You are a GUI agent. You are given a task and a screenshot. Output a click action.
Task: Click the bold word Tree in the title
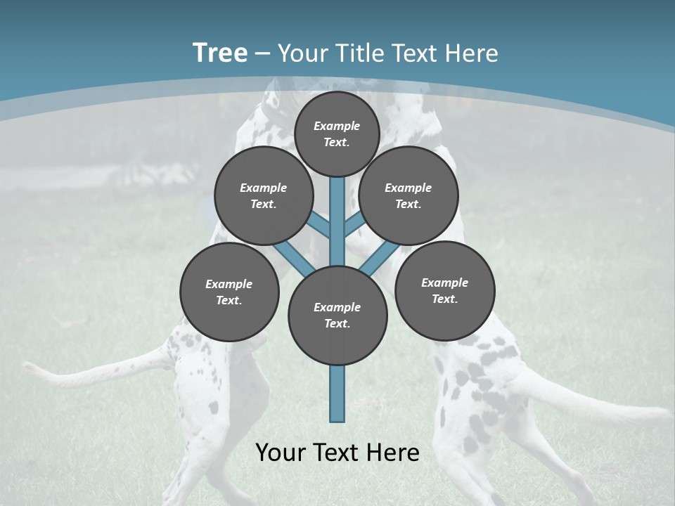[x=220, y=53]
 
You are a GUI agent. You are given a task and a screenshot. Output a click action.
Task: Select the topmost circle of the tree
[x=337, y=134]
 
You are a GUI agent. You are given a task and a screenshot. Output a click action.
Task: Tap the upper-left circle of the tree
[x=263, y=195]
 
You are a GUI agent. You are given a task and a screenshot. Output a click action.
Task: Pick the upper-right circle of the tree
[x=409, y=195]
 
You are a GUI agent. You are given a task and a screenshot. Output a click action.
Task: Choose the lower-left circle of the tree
[x=229, y=292]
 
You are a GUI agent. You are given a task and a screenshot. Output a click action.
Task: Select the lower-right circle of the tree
[x=444, y=290]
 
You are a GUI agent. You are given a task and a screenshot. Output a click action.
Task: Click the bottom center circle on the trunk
[x=337, y=316]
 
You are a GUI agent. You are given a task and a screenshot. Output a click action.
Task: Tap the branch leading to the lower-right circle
[x=380, y=258]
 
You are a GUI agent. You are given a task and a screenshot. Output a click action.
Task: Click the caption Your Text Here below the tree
[x=337, y=452]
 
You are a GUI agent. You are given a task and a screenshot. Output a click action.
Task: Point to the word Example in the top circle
[x=337, y=126]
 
